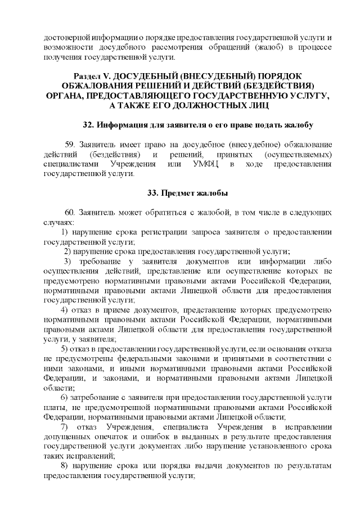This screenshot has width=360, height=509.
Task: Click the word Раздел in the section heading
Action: point(89,76)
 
